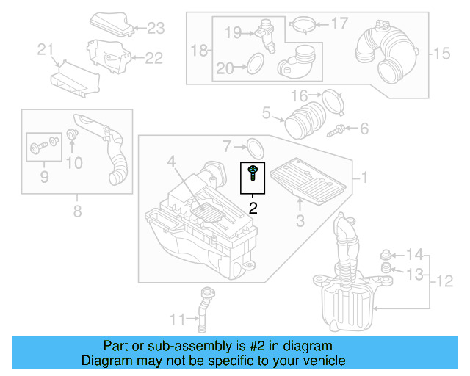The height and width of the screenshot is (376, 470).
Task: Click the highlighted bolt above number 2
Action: (253, 174)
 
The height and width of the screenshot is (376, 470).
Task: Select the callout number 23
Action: (156, 29)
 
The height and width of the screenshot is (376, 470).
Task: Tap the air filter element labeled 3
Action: (306, 181)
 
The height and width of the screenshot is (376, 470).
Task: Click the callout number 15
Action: (440, 53)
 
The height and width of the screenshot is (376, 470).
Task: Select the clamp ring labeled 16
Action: (333, 100)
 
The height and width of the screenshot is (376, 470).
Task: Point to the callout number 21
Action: (46, 50)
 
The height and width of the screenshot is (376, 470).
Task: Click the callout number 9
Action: (43, 176)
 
